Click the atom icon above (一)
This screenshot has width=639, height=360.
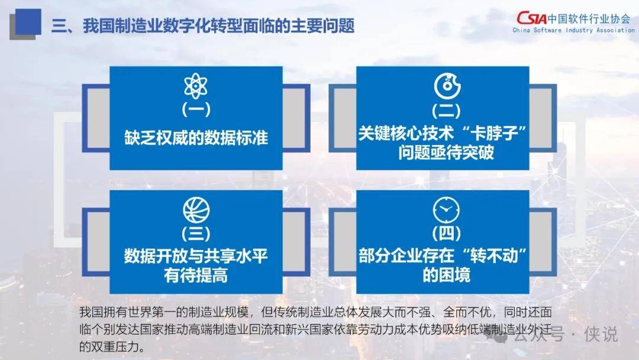click(x=196, y=86)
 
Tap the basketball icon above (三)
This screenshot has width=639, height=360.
click(x=196, y=210)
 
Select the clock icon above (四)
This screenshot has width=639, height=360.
click(x=446, y=210)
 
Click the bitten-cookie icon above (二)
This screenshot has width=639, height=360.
click(x=447, y=86)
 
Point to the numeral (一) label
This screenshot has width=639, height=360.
click(x=196, y=110)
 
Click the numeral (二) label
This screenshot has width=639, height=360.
click(x=446, y=111)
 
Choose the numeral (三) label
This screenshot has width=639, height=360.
click(x=196, y=234)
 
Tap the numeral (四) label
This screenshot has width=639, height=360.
click(x=446, y=234)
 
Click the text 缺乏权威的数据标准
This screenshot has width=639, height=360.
click(x=196, y=138)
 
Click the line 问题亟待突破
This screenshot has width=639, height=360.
click(x=446, y=153)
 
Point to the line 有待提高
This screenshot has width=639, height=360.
click(x=196, y=275)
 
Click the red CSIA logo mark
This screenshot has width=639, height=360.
click(x=532, y=18)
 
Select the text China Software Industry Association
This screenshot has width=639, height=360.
click(x=573, y=30)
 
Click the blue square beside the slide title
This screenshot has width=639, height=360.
click(x=25, y=23)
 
